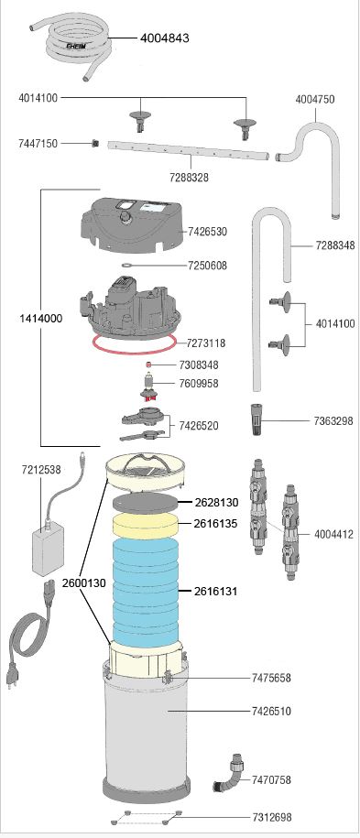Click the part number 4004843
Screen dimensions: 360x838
click(x=165, y=38)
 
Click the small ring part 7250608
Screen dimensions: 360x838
click(x=126, y=265)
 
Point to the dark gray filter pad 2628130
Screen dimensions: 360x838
click(x=145, y=504)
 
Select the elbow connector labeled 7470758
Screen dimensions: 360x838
click(x=229, y=772)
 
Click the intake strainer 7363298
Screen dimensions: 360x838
click(x=256, y=420)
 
